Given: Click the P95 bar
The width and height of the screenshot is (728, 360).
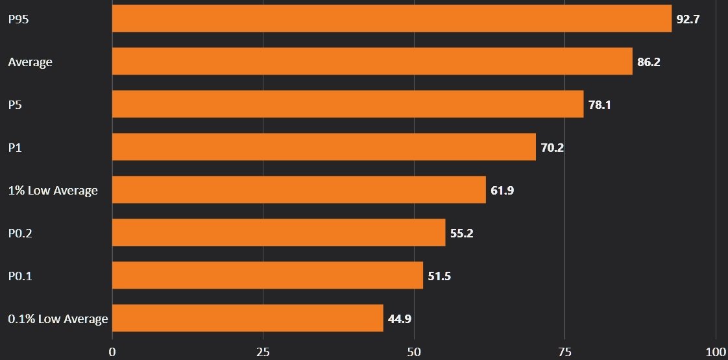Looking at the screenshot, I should [392, 18].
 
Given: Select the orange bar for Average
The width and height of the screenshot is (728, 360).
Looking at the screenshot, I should [372, 61].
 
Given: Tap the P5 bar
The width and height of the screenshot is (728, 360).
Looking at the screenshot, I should [348, 104].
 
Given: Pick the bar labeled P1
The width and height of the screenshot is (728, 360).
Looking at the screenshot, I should [324, 147].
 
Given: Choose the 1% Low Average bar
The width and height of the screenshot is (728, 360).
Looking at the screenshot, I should [299, 189].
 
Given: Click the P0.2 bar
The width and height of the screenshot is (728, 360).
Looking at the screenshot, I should [279, 232].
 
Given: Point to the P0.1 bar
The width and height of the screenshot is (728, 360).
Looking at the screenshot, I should [267, 275].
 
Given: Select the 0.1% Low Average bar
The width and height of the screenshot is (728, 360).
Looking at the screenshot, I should [248, 318].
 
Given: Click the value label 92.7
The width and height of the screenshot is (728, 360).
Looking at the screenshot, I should [688, 19].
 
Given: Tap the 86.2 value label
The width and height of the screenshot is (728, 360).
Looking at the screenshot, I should [649, 62].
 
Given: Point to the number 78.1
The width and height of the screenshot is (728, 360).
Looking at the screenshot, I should [600, 104].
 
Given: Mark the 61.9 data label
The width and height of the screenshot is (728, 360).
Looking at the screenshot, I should [502, 190].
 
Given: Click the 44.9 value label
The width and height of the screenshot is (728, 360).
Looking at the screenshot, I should [400, 318].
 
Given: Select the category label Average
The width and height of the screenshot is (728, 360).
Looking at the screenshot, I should [30, 62].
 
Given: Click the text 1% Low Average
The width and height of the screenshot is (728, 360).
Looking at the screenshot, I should [53, 190].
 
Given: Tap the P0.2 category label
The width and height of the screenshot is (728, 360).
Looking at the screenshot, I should [20, 233].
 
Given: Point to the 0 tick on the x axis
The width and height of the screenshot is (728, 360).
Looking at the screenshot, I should [112, 352].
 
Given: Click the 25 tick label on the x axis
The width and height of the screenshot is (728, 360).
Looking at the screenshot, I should [263, 352].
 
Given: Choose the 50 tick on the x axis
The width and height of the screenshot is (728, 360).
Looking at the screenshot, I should [414, 352].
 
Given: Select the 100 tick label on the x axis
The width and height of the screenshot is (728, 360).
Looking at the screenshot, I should [716, 352].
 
